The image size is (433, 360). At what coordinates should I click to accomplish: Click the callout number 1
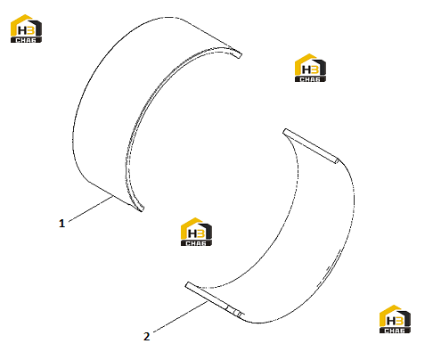(x=61, y=223)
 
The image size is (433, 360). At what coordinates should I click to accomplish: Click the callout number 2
(x=146, y=337)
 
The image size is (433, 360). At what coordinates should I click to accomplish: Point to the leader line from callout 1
(x=91, y=209)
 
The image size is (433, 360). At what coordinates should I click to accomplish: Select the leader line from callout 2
(x=180, y=316)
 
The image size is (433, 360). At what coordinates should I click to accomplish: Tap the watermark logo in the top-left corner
(x=26, y=29)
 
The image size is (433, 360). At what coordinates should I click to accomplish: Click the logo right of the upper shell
(x=310, y=68)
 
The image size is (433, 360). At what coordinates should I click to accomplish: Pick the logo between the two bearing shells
(x=196, y=232)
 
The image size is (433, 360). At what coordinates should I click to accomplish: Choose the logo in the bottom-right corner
(x=395, y=319)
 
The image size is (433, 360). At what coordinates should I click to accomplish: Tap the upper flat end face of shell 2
(x=310, y=146)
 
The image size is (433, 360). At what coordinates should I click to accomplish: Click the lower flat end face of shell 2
(x=215, y=299)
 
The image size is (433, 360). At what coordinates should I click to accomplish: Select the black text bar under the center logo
(x=196, y=243)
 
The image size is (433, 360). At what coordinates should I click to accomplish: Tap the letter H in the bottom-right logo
(x=391, y=321)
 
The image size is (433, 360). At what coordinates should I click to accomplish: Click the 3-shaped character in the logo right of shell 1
(x=315, y=70)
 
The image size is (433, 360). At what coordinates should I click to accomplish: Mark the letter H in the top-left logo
(x=22, y=30)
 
